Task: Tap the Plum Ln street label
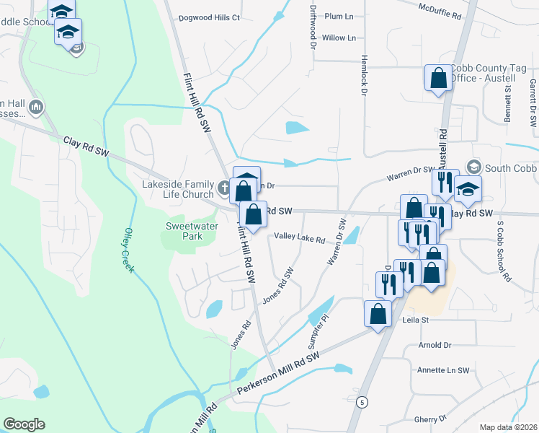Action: pyautogui.click(x=339, y=16)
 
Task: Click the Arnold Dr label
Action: pyautogui.click(x=434, y=346)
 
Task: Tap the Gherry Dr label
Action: pyautogui.click(x=432, y=419)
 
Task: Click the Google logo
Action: pyautogui.click(x=24, y=424)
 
